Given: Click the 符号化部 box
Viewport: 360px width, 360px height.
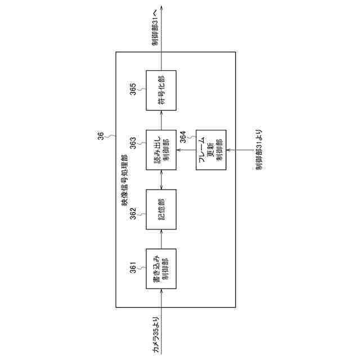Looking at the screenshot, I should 161,92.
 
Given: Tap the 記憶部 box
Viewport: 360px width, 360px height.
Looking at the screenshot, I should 161,209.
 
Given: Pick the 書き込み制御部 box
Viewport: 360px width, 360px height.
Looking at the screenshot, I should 161,268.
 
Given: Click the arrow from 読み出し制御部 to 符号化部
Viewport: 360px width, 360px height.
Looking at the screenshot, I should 161,121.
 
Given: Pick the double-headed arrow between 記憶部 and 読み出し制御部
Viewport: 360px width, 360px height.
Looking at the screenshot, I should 161,180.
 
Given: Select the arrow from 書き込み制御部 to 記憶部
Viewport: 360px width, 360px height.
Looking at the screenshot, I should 161,239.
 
